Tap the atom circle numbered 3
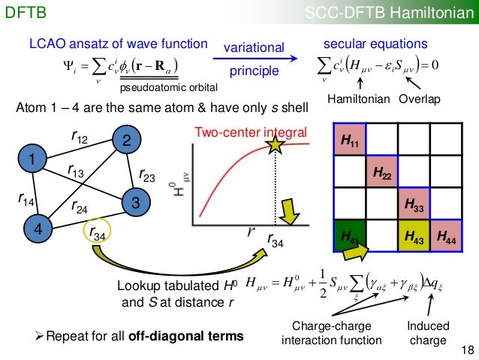[x=134, y=202]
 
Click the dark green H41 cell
[x=349, y=236]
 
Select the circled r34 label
[x=97, y=234]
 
